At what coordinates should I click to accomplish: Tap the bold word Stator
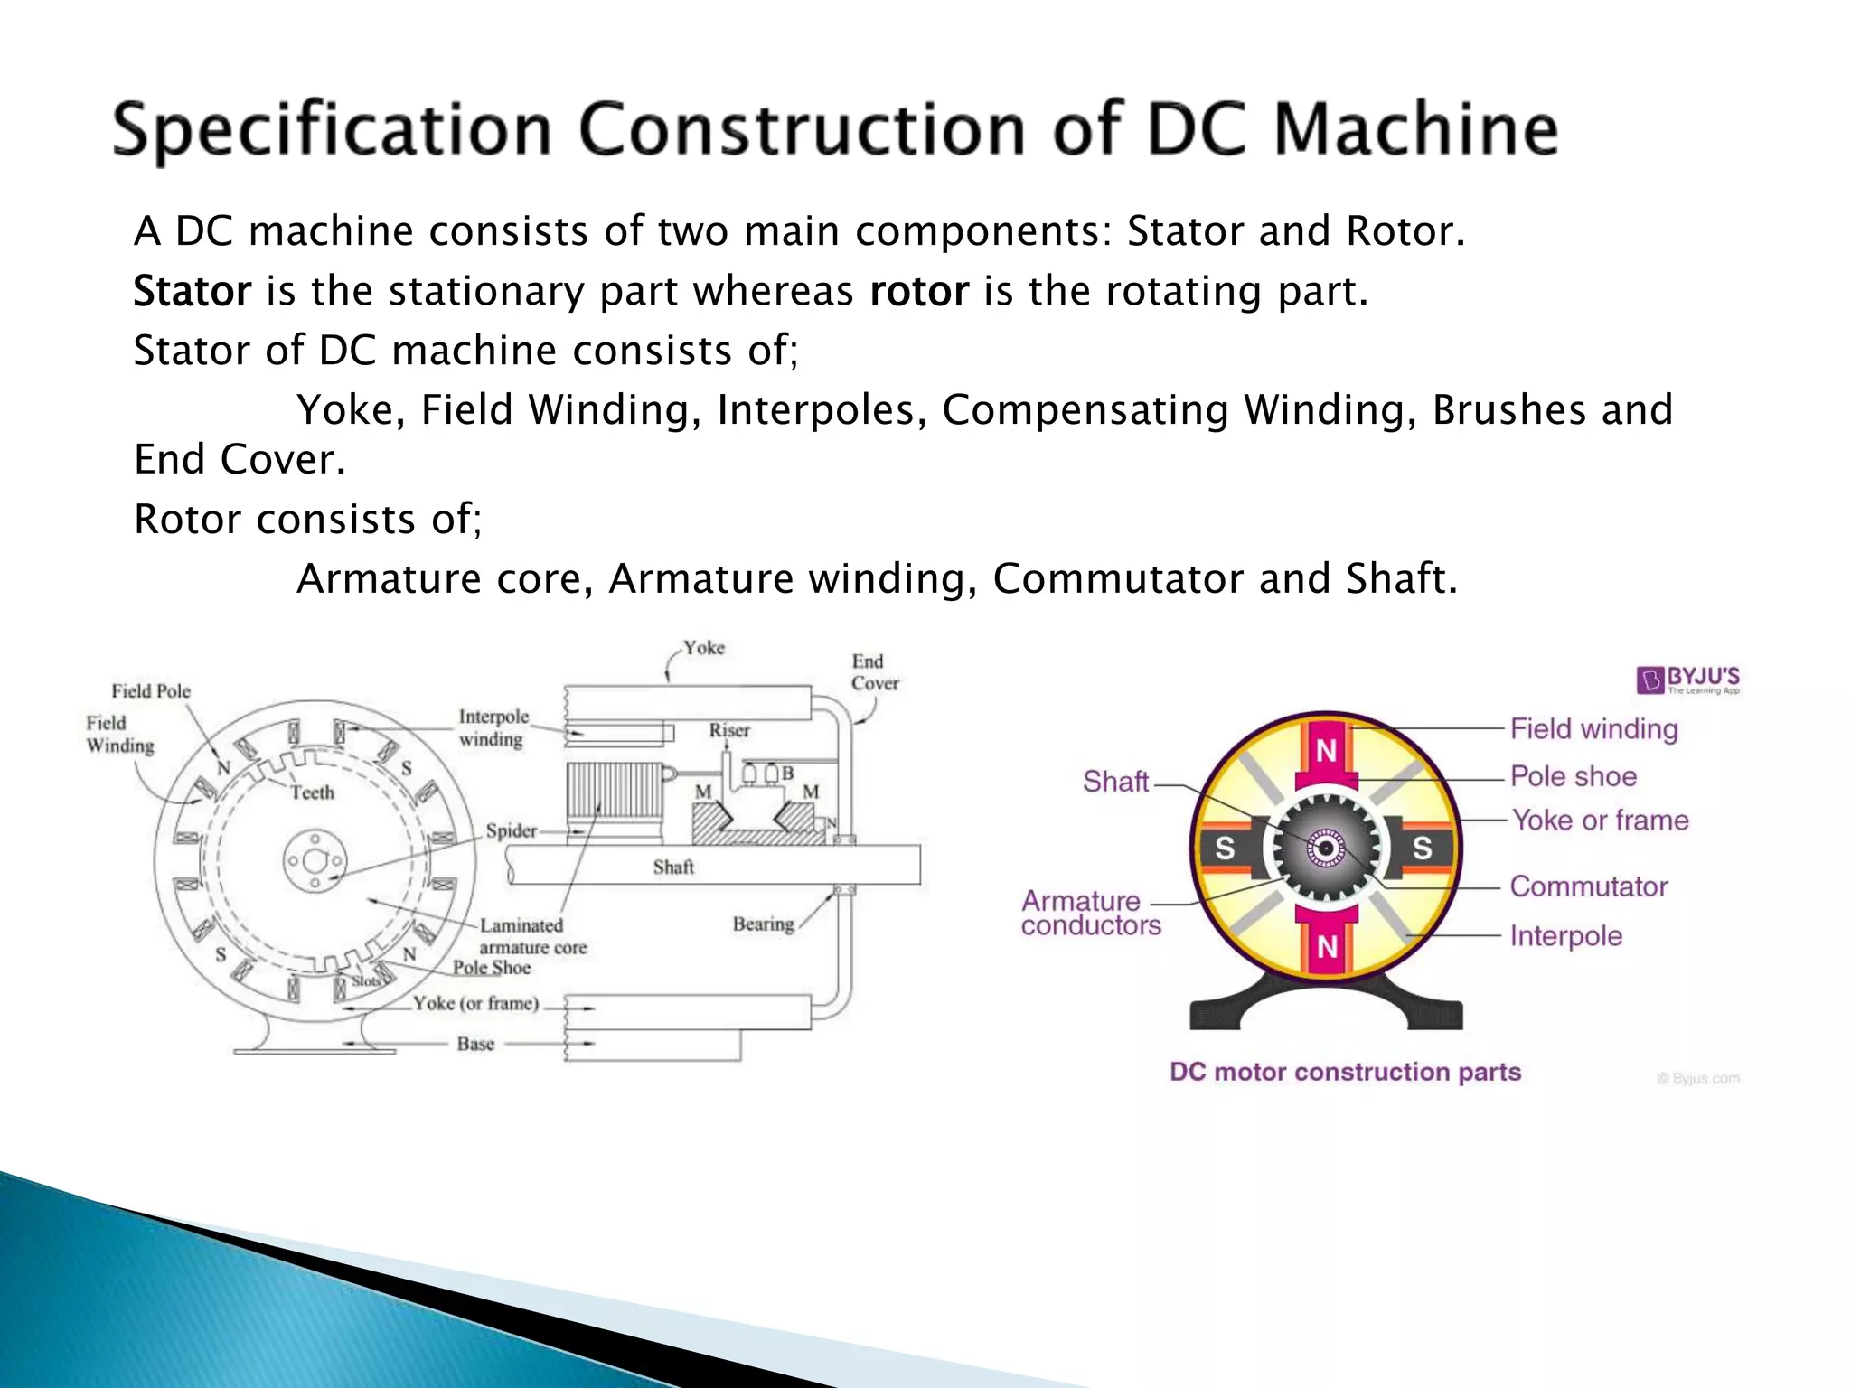point(192,291)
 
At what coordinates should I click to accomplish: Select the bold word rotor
point(918,291)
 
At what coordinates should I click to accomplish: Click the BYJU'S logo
point(1688,680)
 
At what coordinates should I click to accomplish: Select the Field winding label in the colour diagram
point(1593,728)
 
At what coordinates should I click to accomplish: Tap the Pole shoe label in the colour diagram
point(1574,776)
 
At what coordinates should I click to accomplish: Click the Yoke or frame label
point(1600,821)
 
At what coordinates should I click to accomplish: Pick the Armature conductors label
point(1090,913)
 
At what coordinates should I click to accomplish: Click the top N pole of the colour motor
point(1326,750)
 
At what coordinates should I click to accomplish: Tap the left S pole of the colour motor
point(1225,848)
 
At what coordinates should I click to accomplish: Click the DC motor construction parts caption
point(1345,1072)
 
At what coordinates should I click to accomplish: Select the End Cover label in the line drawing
point(874,672)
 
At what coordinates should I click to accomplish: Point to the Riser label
point(729,730)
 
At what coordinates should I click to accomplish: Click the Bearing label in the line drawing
point(763,924)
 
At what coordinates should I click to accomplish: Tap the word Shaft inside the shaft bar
point(673,867)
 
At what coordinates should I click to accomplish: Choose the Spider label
point(511,830)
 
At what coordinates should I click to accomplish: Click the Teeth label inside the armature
point(312,792)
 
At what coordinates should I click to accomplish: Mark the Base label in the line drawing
point(475,1044)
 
